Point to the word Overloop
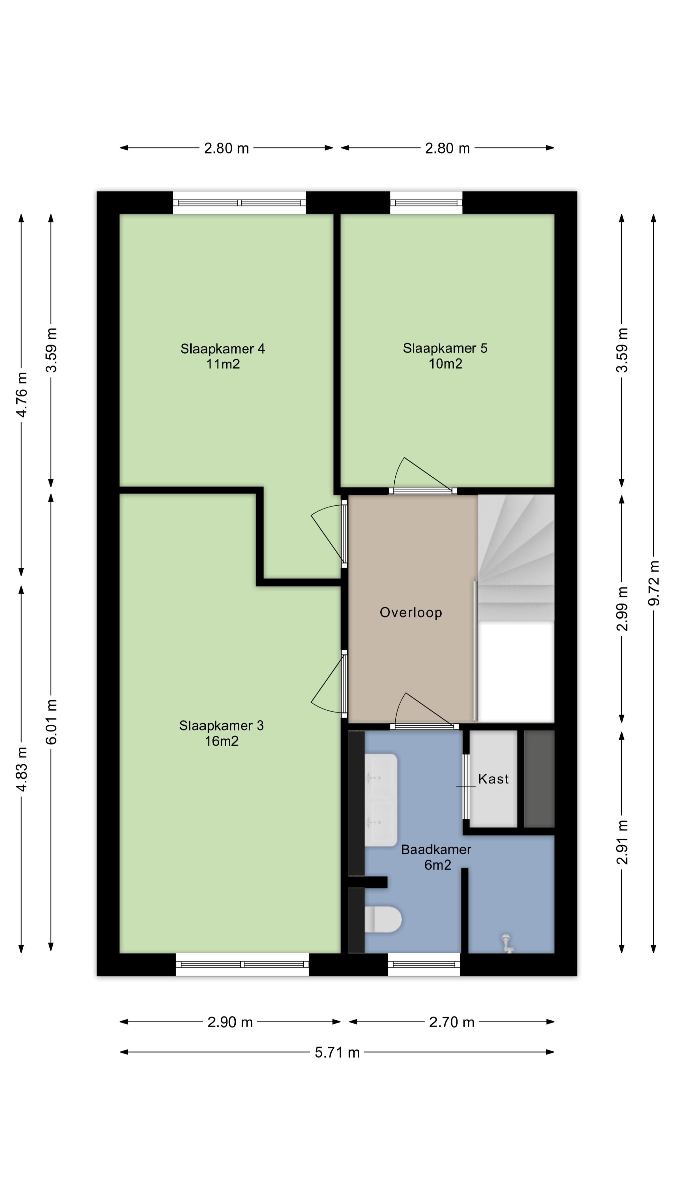pos(410,612)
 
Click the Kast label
pos(493,778)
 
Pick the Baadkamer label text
pos(436,849)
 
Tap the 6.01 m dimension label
pos(51,722)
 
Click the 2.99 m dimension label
pos(622,608)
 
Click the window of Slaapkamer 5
pos(426,202)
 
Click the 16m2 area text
pos(222,741)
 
